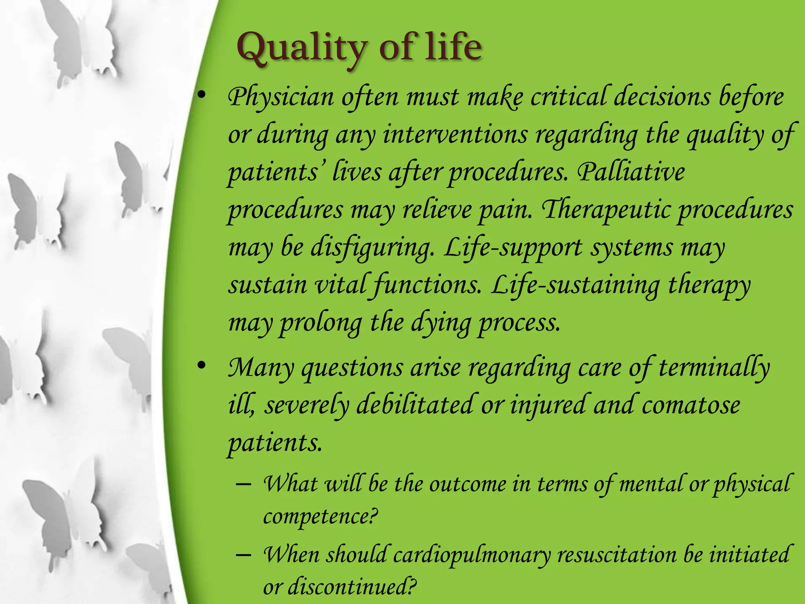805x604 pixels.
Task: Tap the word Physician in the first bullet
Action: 281,97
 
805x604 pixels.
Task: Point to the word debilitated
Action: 415,405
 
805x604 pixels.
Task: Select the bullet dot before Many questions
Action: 201,366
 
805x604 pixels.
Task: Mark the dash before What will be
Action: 244,484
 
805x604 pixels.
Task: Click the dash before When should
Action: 244,555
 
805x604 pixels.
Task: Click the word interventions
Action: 455,135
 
